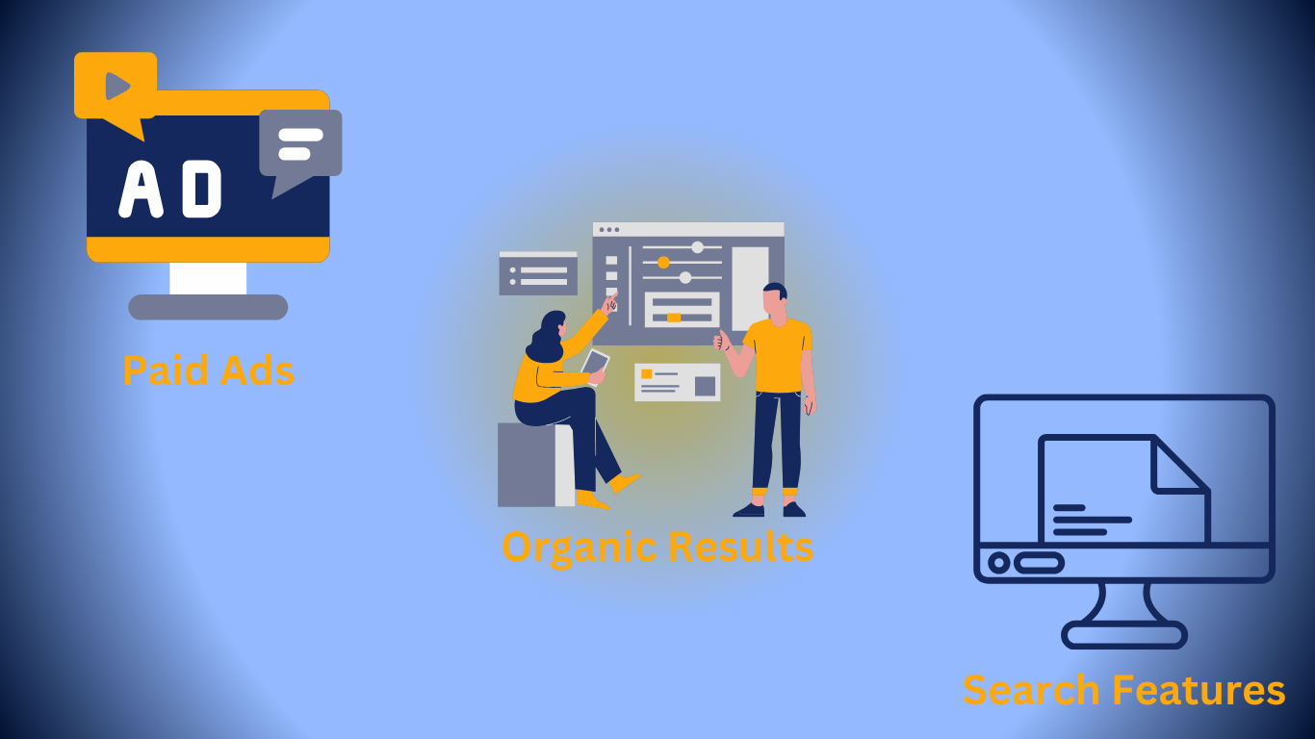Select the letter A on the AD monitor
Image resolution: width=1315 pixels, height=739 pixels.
[141, 189]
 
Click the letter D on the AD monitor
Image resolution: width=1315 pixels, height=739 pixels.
[201, 189]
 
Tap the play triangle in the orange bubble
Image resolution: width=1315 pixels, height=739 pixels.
[116, 86]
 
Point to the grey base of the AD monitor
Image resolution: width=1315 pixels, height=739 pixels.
[208, 307]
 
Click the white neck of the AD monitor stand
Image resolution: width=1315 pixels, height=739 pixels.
[208, 278]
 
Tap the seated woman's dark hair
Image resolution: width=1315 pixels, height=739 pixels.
[546, 337]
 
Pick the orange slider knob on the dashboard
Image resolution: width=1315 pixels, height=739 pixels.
[663, 263]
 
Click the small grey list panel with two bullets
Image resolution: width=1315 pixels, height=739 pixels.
[538, 273]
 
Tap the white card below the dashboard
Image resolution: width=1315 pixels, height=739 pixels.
[678, 382]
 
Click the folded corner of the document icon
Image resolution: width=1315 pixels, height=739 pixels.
[1177, 465]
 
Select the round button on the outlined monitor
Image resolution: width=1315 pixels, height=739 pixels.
[998, 563]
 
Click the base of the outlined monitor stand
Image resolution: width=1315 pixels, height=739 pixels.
[1124, 635]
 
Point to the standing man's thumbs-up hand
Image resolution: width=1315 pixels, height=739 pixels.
[721, 341]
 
